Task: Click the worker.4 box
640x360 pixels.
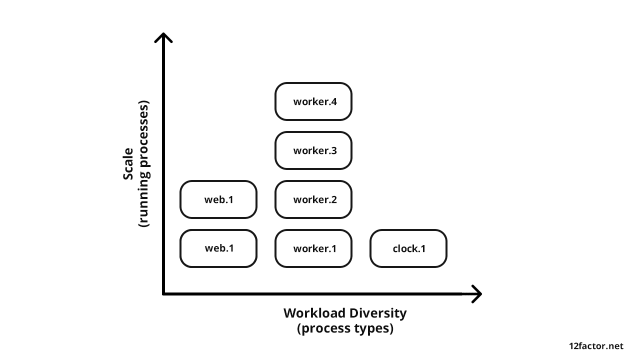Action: [313, 101]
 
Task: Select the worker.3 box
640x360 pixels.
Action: [313, 150]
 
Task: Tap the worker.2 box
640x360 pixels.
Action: [313, 199]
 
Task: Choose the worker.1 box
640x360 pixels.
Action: [313, 248]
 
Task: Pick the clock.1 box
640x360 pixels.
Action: [408, 248]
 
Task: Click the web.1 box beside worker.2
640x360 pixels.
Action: [218, 199]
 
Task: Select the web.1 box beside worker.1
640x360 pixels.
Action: [218, 248]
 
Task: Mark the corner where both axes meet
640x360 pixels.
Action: [164, 294]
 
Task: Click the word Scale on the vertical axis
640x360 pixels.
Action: [128, 164]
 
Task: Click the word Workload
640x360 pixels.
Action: [314, 313]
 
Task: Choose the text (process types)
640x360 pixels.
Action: [345, 329]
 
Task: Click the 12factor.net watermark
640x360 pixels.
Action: [596, 346]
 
